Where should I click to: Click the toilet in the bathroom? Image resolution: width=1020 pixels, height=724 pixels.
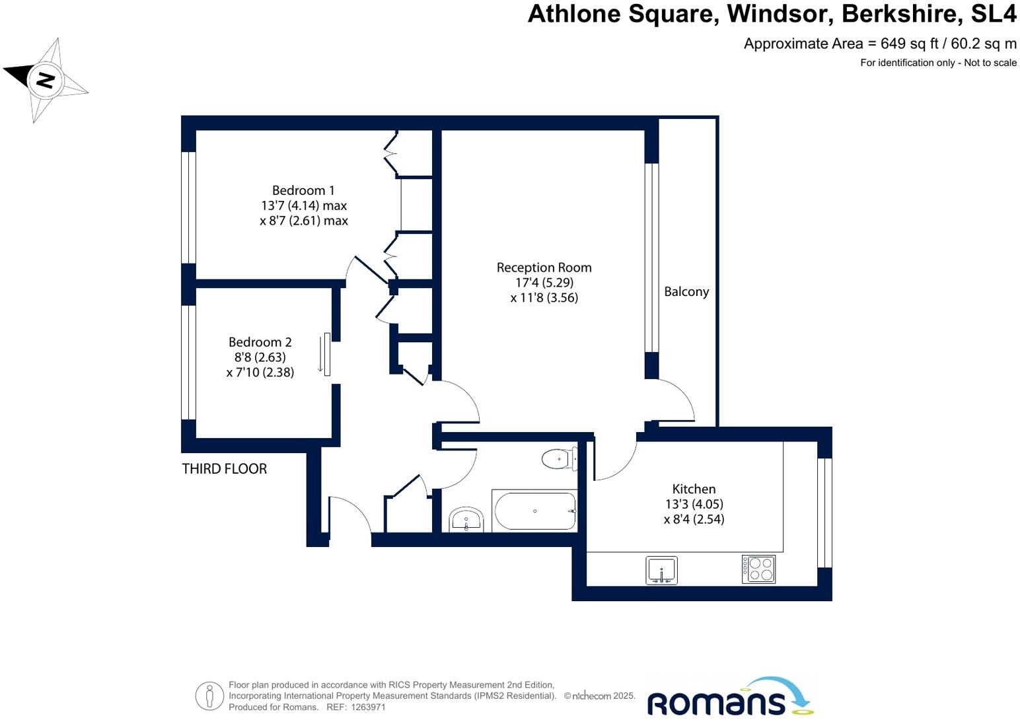coord(558,458)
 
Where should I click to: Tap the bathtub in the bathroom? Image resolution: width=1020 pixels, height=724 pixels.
coord(534,511)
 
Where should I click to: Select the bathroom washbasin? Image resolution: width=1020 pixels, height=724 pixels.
coord(466,520)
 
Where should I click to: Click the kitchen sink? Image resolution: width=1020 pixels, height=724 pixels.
coord(661,570)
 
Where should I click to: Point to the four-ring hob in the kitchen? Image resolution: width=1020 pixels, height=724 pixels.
coord(758,569)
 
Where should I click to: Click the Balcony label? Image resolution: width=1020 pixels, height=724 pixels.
coord(686,292)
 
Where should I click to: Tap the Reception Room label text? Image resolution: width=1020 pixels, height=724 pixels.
coord(544,268)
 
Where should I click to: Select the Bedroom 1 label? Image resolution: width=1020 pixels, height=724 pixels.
coord(303,190)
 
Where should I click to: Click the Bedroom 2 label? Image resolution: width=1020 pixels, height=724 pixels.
coord(260,342)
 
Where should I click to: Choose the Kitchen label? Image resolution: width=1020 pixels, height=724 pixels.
coord(694,489)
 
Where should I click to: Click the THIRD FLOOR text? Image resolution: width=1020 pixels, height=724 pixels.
coord(225,469)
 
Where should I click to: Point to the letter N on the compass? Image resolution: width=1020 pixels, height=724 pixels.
coord(45,80)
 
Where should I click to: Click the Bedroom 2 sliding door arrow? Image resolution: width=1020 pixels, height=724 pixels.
coord(320,355)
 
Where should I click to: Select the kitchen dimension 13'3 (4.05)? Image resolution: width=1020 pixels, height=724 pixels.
coord(694,504)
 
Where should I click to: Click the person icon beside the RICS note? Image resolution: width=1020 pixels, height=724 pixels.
coord(209,696)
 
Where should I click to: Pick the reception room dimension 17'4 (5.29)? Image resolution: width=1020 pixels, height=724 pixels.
coord(544,283)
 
